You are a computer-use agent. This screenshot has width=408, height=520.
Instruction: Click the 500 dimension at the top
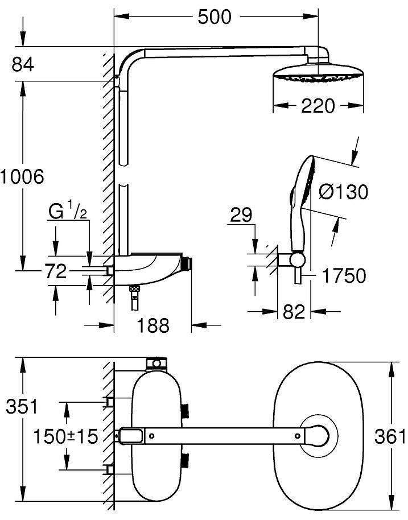coord(215,16)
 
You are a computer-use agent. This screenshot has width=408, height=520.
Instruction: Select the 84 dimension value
coord(23,65)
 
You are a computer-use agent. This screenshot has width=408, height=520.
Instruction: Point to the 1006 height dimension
coord(22,176)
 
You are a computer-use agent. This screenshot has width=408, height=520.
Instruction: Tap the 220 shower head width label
coord(318,106)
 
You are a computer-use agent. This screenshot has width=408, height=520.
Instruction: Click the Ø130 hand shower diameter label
coord(343,192)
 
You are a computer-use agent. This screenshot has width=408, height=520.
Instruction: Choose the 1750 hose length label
coord(344,276)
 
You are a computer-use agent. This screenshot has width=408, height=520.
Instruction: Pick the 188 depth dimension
coord(153,325)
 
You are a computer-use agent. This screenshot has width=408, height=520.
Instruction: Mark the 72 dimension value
coord(56,271)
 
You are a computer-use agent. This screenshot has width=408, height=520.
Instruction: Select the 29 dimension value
coord(241,215)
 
